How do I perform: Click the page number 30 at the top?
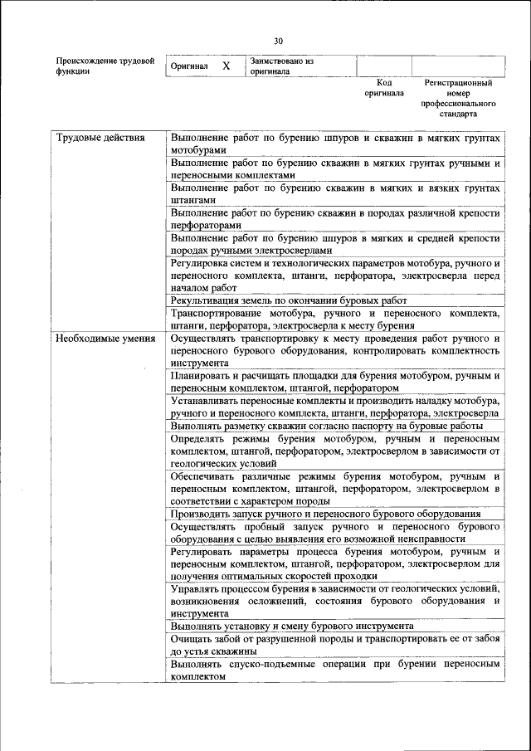point(278,41)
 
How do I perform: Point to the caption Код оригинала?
point(383,88)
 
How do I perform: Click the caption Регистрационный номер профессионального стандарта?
point(458,98)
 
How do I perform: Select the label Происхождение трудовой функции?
point(105,66)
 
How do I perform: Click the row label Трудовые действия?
point(89,139)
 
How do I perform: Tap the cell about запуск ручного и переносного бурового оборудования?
point(335,514)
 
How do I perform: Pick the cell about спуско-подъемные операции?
point(335,671)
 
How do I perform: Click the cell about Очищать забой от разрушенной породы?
point(335,645)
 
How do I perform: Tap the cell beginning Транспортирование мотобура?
point(335,319)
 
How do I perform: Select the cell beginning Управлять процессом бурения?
point(335,600)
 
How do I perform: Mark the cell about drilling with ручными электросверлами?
point(335,245)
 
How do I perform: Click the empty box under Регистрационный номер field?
point(458,66)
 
